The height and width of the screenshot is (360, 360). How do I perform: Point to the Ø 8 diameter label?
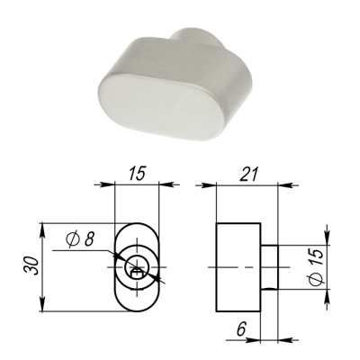(81, 239)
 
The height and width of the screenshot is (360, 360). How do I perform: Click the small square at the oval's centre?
(137, 266)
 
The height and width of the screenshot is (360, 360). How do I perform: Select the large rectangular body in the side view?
(238, 268)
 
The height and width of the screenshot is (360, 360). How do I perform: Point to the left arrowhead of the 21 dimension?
(219, 186)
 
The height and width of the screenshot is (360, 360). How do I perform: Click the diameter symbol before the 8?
(72, 240)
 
